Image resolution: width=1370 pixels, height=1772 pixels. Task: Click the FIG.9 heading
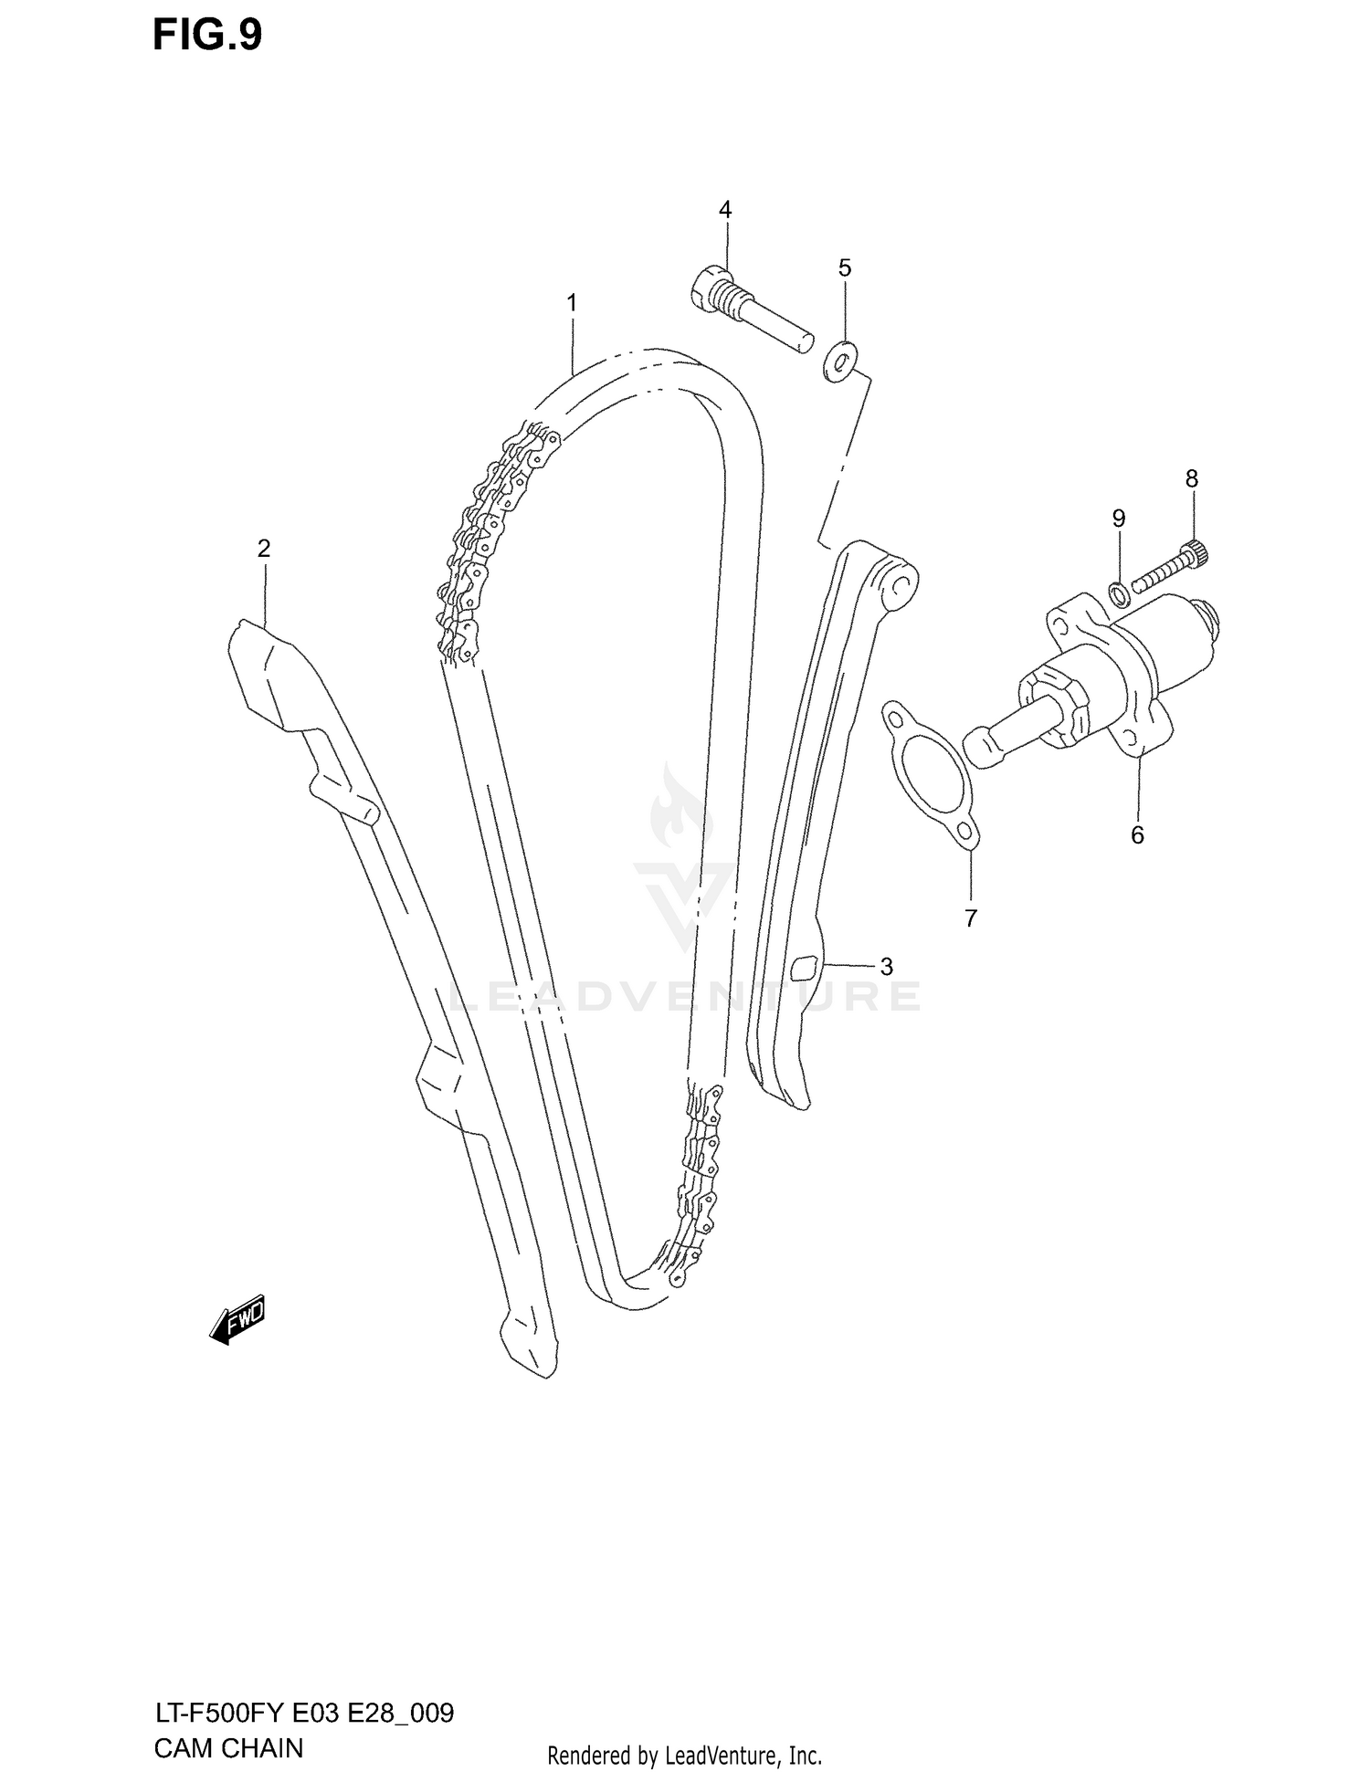click(x=206, y=36)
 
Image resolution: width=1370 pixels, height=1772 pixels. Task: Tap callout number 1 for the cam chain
click(x=572, y=302)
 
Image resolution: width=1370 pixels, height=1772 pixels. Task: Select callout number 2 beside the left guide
click(x=264, y=549)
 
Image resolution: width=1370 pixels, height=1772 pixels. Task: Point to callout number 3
click(x=886, y=966)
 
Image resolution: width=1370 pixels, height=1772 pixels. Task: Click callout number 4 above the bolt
click(x=725, y=210)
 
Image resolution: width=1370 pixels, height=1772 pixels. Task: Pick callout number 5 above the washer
click(x=845, y=268)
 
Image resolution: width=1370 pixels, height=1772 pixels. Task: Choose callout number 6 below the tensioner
click(x=1137, y=834)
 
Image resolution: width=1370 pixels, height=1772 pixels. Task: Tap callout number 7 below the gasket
click(x=971, y=917)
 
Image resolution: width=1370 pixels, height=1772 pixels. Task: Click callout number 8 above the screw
click(x=1192, y=478)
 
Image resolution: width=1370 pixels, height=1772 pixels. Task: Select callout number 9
click(x=1119, y=519)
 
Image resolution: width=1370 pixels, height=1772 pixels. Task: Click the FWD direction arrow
click(x=237, y=1318)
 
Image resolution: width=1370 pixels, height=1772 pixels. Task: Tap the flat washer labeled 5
click(x=839, y=362)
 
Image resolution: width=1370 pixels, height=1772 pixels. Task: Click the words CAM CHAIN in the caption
click(x=228, y=1748)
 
